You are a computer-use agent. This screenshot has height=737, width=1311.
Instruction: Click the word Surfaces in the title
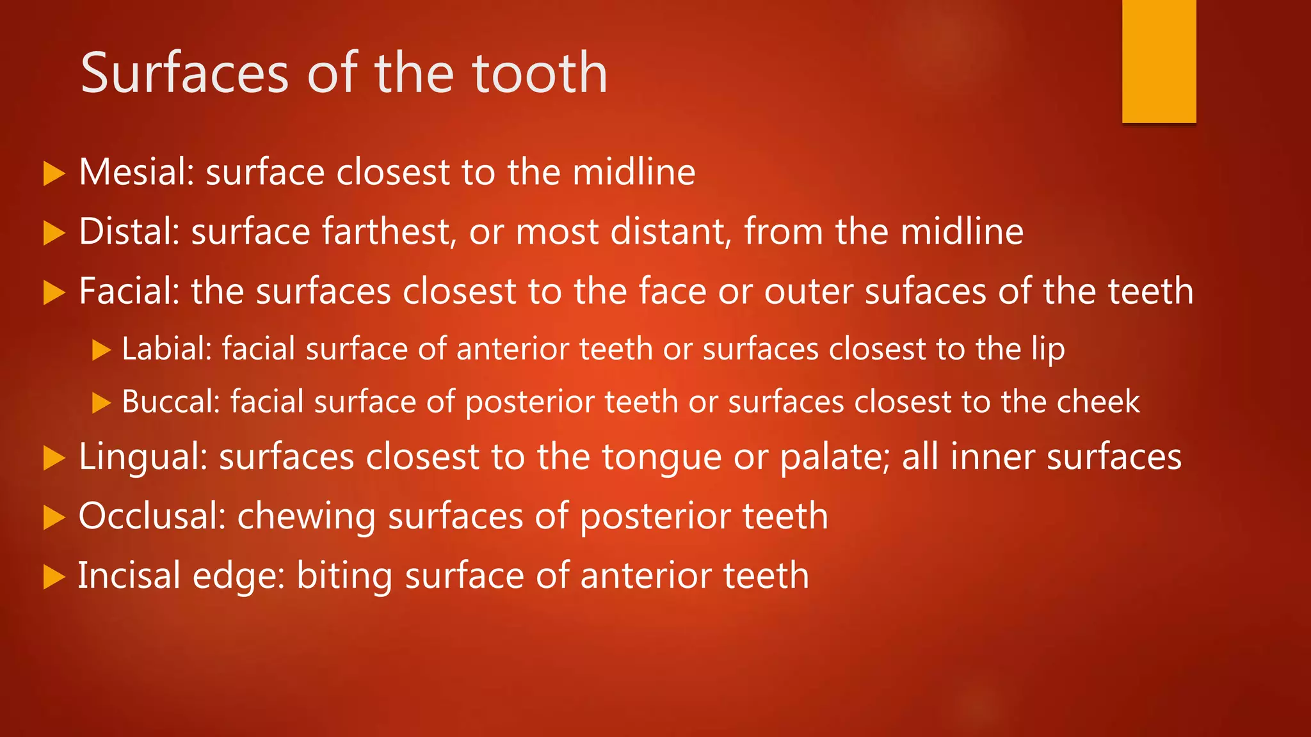[184, 74]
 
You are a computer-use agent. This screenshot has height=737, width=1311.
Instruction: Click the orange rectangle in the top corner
[1159, 61]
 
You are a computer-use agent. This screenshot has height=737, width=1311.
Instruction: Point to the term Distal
[129, 231]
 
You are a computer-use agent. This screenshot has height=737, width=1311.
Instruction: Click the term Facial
[129, 291]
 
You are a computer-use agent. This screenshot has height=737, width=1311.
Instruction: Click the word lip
[1048, 350]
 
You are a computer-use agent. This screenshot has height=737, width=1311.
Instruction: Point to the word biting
[344, 576]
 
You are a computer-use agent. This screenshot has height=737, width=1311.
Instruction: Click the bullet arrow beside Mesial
[54, 173]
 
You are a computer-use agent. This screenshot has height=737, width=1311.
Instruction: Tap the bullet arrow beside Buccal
[101, 403]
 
